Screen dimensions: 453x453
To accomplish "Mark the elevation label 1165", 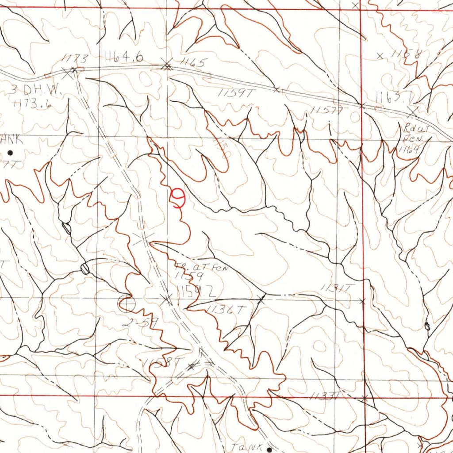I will [x=190, y=63].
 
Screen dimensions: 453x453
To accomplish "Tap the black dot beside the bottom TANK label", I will [x=269, y=449].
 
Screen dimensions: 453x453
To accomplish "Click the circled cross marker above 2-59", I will [x=127, y=303].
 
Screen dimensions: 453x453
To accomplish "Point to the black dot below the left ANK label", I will [x=10, y=153].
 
